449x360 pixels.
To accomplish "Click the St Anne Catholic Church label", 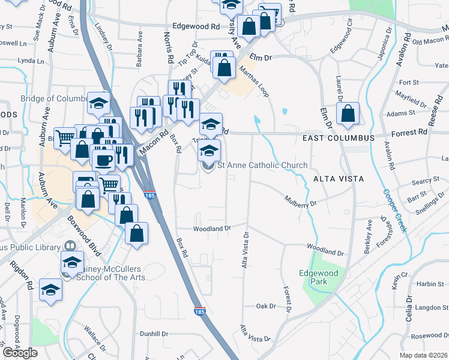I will coord(262,165).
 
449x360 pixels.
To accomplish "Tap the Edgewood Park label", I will coord(319,277).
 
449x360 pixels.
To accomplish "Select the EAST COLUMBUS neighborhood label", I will coord(339,138).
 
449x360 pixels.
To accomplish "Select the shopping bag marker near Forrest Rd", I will coord(348,114).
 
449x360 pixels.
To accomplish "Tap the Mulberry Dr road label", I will coord(300,200).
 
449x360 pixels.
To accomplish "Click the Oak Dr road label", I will coord(265,306).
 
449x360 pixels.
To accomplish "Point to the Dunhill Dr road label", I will coord(154,334).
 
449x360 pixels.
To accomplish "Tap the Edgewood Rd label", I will coord(196,26).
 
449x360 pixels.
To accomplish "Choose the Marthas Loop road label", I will coord(253,82).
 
